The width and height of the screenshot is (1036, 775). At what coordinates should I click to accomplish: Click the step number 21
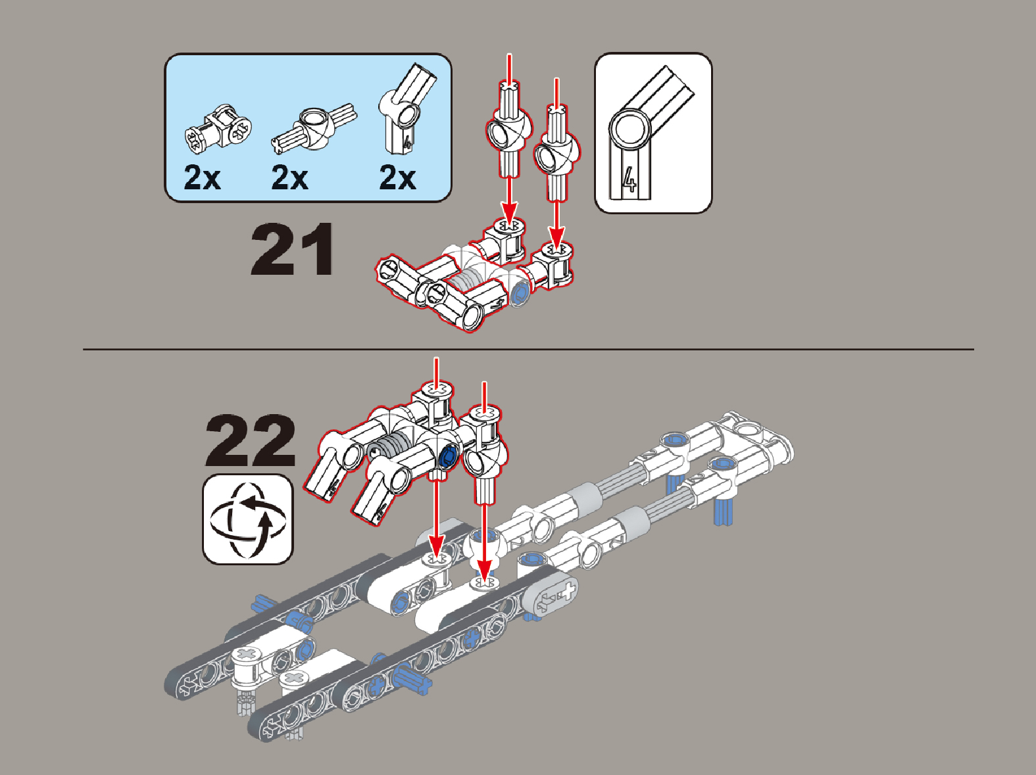point(293,249)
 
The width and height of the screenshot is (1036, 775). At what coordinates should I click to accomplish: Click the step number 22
point(251,440)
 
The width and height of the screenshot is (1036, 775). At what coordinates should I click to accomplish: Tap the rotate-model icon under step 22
point(248,519)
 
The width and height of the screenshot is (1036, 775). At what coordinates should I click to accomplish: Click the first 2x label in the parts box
point(202,177)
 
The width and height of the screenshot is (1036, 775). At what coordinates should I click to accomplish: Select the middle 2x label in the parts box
point(290,177)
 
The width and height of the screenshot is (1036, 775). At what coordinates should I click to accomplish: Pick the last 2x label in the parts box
point(397,177)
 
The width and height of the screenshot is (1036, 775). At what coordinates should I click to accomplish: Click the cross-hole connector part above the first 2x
point(218,128)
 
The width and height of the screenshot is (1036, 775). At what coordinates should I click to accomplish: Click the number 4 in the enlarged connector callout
point(629,180)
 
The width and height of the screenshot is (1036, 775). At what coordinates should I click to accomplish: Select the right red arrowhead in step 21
point(557,238)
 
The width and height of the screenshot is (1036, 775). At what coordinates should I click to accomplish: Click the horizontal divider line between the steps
point(529,350)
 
